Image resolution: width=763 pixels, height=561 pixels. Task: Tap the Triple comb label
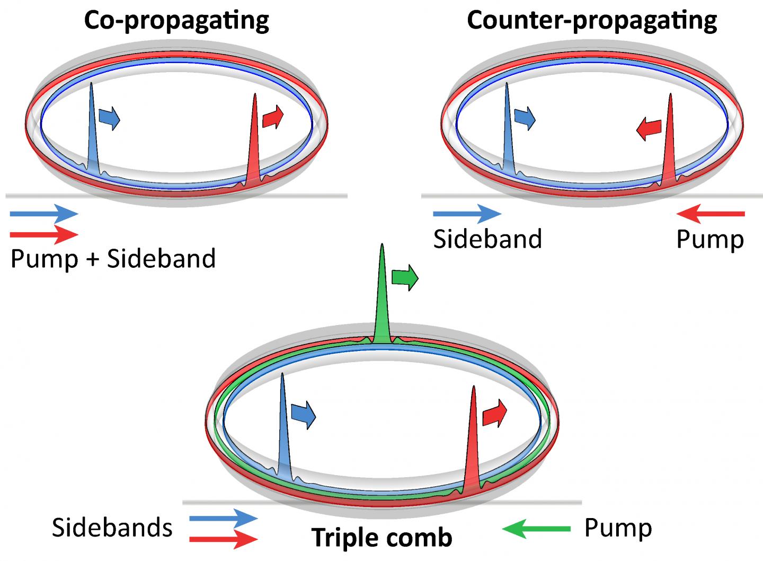[381, 538]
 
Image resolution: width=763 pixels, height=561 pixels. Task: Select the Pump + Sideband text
[113, 259]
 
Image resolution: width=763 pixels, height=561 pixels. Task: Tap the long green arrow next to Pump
[536, 528]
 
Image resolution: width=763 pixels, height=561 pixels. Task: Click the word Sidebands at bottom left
[112, 528]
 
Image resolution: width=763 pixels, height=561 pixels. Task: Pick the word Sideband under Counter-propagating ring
[487, 239]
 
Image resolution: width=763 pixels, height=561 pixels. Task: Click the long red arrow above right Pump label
[711, 214]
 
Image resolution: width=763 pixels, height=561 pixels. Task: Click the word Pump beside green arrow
[618, 528]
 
